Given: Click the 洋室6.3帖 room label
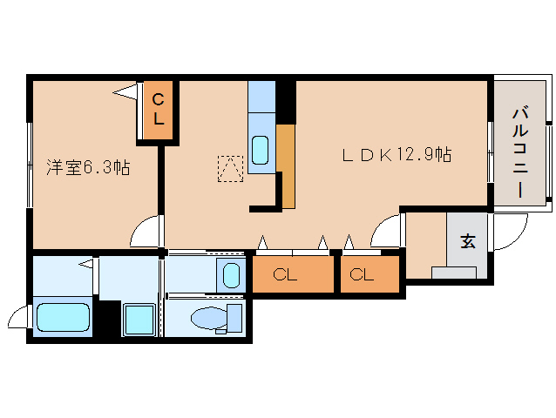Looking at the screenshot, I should [88, 168].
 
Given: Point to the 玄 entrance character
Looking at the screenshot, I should [468, 242].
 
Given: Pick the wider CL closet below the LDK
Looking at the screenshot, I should [293, 275].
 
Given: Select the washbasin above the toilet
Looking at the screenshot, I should [229, 276].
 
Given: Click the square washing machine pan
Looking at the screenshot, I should [138, 319].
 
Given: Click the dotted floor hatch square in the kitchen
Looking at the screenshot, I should [231, 169].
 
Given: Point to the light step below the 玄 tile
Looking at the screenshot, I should [453, 273].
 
